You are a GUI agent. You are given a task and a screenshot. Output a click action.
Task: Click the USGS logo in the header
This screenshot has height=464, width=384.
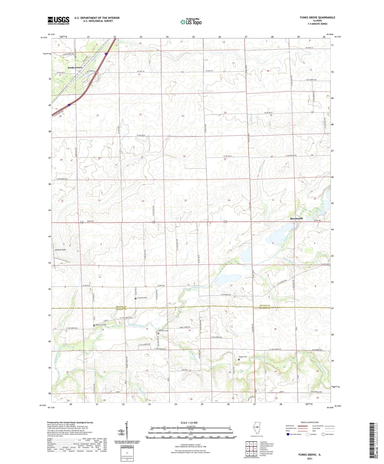(x=58, y=20)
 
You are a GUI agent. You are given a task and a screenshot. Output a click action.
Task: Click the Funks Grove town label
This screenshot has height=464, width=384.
(x=75, y=68)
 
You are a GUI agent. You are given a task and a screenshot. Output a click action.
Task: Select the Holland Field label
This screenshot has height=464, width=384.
(x=60, y=250)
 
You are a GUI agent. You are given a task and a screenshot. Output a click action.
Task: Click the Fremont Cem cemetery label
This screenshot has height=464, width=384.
(x=142, y=298)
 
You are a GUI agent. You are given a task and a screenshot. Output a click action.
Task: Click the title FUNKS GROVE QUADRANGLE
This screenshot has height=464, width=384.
(x=317, y=18)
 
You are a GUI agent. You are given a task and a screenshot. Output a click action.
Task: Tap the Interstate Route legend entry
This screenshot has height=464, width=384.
(x=294, y=434)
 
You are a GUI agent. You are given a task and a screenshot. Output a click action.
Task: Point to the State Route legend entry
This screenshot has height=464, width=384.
(x=327, y=434)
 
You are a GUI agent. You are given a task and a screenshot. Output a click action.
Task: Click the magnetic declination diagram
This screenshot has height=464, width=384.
(x=127, y=432)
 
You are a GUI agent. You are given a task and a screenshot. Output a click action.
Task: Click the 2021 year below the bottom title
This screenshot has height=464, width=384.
(x=310, y=459)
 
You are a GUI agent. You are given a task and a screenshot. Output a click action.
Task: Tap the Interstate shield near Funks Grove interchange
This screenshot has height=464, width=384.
(x=106, y=54)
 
